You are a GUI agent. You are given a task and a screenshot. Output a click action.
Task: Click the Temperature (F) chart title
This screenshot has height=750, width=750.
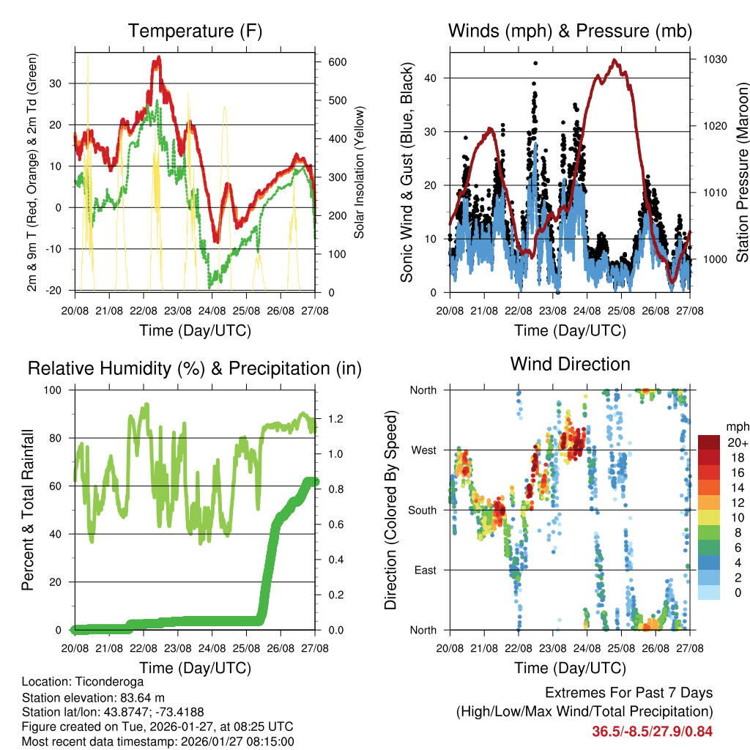195,31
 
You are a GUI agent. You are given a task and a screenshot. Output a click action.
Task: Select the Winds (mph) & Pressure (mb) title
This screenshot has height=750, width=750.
571,31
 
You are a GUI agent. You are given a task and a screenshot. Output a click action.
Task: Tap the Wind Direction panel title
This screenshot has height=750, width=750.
570,364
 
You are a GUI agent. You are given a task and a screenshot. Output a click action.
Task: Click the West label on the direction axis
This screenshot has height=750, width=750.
423,450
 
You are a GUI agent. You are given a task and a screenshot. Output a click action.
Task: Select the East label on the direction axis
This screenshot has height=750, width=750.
425,570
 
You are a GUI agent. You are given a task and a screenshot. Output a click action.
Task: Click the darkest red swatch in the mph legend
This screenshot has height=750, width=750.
710,442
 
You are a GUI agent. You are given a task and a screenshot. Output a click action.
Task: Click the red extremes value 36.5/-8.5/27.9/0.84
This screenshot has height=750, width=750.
653,731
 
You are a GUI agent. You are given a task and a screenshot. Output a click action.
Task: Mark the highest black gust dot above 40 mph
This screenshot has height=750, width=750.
535,64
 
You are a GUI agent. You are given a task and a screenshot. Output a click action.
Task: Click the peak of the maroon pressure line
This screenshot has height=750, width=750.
615,60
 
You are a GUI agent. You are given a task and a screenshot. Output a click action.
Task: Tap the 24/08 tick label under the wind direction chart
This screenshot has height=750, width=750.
586,648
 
